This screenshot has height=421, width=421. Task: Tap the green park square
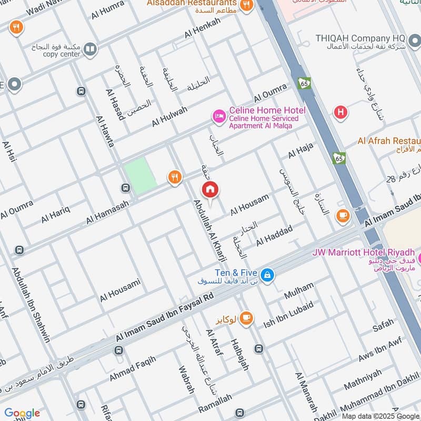[141, 176]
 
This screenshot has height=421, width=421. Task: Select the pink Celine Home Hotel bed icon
[218, 115]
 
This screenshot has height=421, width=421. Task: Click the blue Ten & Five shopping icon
[267, 275]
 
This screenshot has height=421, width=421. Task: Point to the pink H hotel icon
[341, 112]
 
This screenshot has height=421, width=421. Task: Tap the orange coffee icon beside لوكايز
[246, 318]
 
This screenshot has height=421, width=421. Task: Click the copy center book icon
[90, 49]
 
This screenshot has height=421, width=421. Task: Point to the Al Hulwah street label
[169, 116]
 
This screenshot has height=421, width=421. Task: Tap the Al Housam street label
[249, 204]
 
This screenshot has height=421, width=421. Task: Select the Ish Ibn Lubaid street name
[288, 315]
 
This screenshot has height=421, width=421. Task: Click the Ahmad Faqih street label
[133, 369]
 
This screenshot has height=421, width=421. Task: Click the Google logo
[22, 413]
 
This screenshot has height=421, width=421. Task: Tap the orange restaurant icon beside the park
[175, 178]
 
